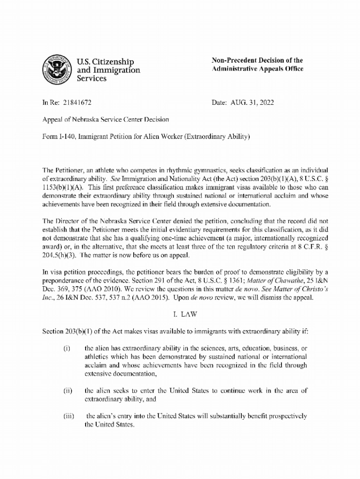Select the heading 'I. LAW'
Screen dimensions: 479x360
pos(180,314)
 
